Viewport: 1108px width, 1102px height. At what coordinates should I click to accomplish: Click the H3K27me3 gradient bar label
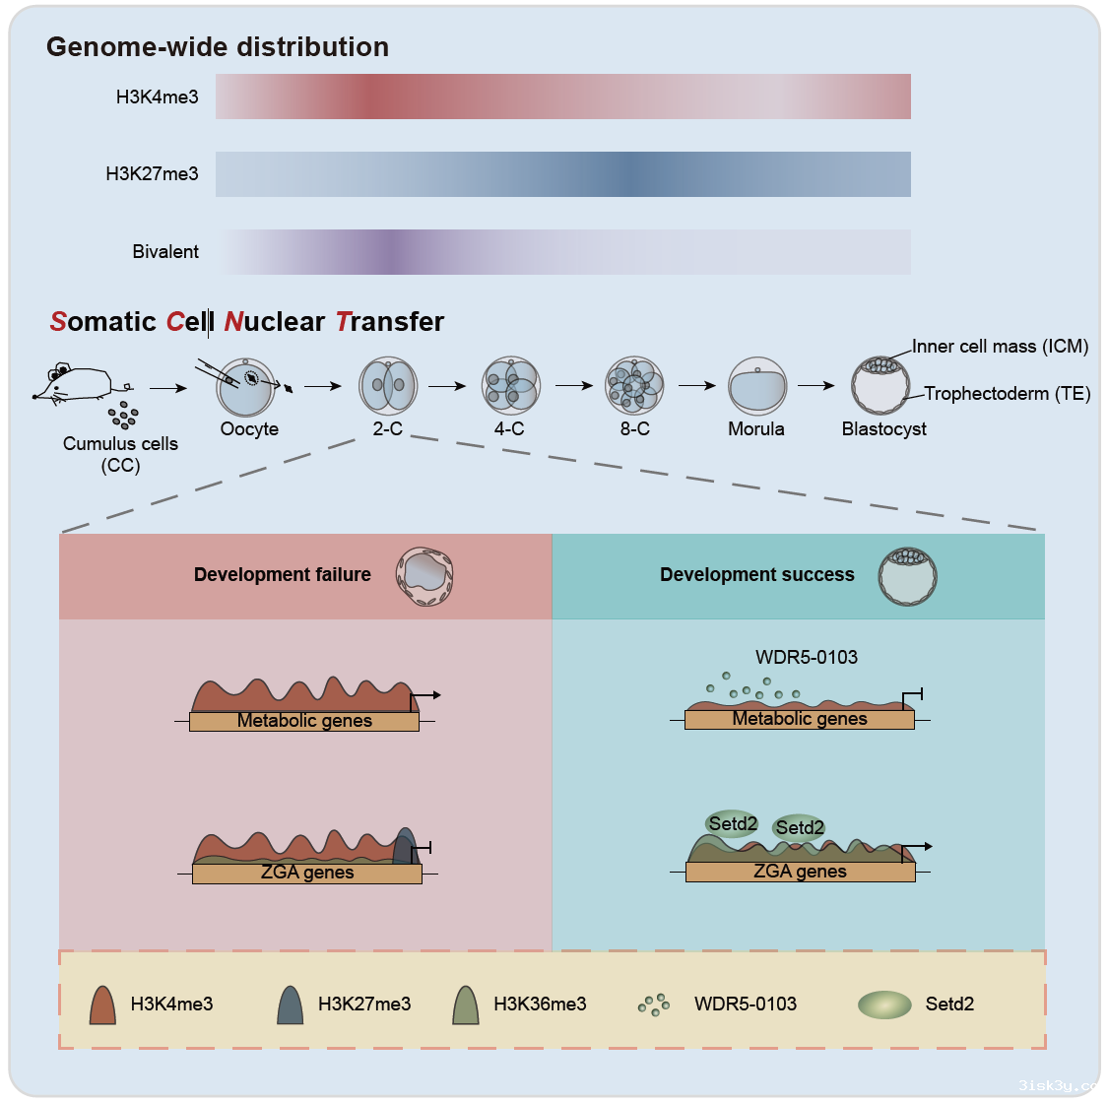click(x=152, y=174)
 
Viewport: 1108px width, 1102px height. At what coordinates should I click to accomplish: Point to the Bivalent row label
click(x=165, y=252)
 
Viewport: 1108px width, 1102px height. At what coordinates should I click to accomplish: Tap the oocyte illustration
click(x=243, y=387)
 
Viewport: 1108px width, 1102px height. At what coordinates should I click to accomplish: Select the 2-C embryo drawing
click(x=388, y=386)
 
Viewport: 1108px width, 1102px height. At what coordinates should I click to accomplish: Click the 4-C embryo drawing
click(x=510, y=386)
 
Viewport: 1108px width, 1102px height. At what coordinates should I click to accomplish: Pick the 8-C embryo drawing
click(x=634, y=386)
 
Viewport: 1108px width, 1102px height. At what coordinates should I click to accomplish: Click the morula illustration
click(x=756, y=386)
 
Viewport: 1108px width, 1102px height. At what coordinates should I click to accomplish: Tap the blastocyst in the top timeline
click(x=880, y=385)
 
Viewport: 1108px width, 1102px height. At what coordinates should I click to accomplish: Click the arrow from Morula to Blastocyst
click(x=815, y=386)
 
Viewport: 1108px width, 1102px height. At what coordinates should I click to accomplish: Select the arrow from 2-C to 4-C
click(x=447, y=386)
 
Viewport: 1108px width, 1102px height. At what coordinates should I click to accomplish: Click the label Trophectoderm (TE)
click(x=1007, y=394)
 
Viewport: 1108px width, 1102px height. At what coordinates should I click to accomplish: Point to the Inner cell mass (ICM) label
click(x=1000, y=347)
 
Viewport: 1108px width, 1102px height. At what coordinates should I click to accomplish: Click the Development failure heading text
click(x=283, y=575)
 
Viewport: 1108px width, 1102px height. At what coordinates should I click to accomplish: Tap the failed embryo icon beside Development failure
click(x=424, y=577)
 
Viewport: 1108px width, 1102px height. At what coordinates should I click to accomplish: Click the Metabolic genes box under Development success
click(x=800, y=719)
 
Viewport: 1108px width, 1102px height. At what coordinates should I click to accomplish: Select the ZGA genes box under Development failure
click(x=307, y=873)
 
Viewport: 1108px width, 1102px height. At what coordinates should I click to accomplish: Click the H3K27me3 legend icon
click(x=291, y=1005)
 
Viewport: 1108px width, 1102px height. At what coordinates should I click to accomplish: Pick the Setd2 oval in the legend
click(x=884, y=1005)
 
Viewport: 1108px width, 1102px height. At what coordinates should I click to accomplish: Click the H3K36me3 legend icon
click(x=466, y=1005)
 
